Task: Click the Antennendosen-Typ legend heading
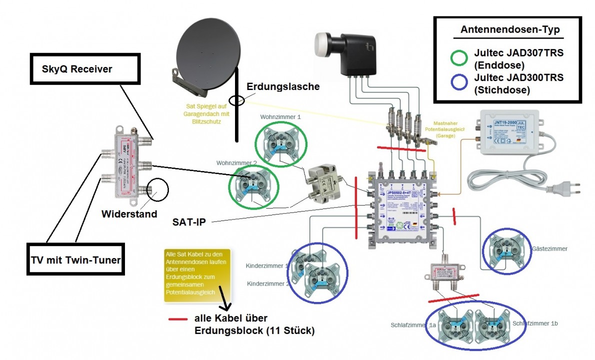(510, 30)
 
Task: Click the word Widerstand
(129, 213)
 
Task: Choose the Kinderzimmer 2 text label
(267, 283)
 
